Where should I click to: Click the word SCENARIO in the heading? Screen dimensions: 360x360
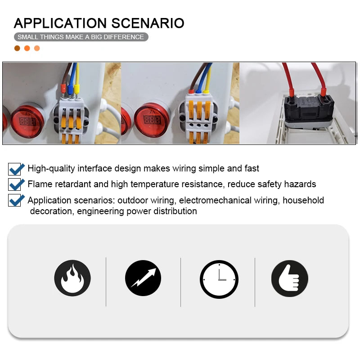click(148, 23)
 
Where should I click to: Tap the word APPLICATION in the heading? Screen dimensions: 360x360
click(60, 23)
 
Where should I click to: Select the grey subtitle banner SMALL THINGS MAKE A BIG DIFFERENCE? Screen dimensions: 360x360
click(81, 37)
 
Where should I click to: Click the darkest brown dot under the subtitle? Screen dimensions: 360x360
click(17, 48)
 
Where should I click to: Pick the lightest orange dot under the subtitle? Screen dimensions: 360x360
click(37, 48)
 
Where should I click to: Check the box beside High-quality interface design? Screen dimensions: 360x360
click(14, 169)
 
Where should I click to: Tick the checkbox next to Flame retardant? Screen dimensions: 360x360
click(14, 184)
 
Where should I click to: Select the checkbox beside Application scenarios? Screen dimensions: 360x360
click(14, 200)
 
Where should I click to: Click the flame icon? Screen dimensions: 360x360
click(72, 278)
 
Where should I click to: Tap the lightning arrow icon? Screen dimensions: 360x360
click(143, 278)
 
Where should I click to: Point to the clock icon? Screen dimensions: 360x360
click(219, 279)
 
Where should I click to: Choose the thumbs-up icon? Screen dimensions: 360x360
click(290, 279)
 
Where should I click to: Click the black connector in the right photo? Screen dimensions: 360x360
click(309, 109)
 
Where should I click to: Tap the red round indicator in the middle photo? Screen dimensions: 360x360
click(152, 119)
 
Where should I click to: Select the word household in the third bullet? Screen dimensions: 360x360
click(303, 200)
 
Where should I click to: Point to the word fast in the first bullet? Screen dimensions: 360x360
click(252, 168)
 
